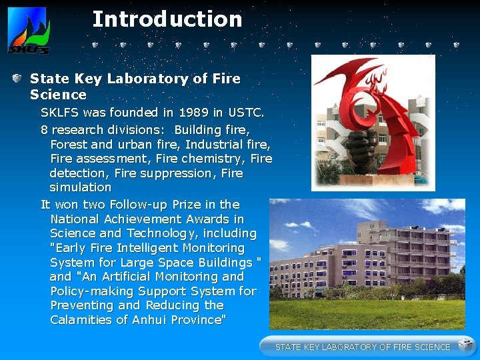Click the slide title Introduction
pyautogui.click(x=167, y=19)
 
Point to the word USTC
pyautogui.click(x=246, y=113)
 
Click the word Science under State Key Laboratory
pyautogui.click(x=58, y=95)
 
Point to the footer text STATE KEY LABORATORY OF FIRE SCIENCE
pyautogui.click(x=363, y=347)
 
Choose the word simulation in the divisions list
pyautogui.click(x=80, y=187)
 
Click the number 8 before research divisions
pyautogui.click(x=44, y=129)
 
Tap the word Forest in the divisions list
pyautogui.click(x=69, y=144)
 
